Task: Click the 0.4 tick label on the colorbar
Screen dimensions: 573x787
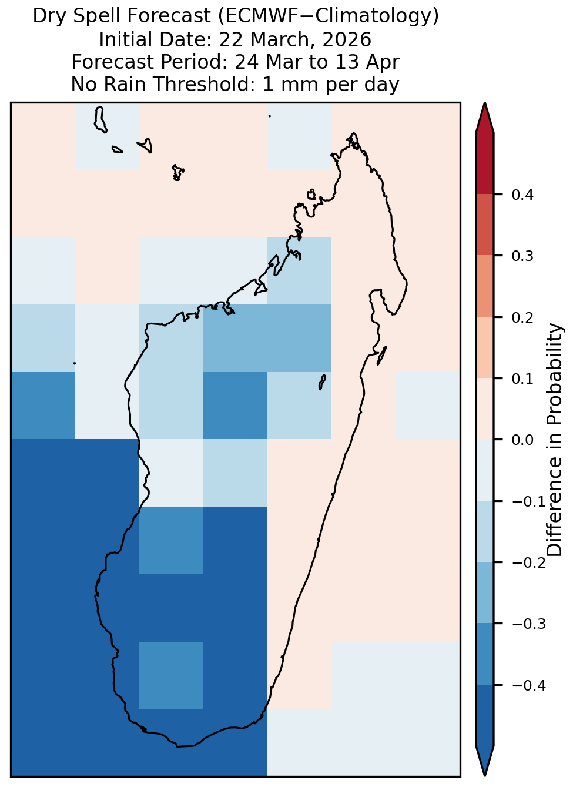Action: [x=522, y=195]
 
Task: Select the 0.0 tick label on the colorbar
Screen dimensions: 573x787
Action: [x=522, y=440]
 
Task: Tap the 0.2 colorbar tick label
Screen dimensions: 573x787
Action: [x=522, y=317]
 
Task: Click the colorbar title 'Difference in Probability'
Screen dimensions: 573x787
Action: [x=554, y=440]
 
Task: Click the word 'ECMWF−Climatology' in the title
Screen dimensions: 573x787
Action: [x=329, y=16]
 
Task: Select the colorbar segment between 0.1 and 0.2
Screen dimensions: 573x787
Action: [x=484, y=347]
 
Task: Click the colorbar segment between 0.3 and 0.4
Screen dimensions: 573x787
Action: [x=484, y=225]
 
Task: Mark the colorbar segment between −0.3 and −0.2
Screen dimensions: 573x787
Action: [x=484, y=592]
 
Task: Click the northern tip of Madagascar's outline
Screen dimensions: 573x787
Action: [x=353, y=133]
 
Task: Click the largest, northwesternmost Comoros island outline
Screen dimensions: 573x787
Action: [x=100, y=120]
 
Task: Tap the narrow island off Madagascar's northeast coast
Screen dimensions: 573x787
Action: [x=381, y=356]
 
